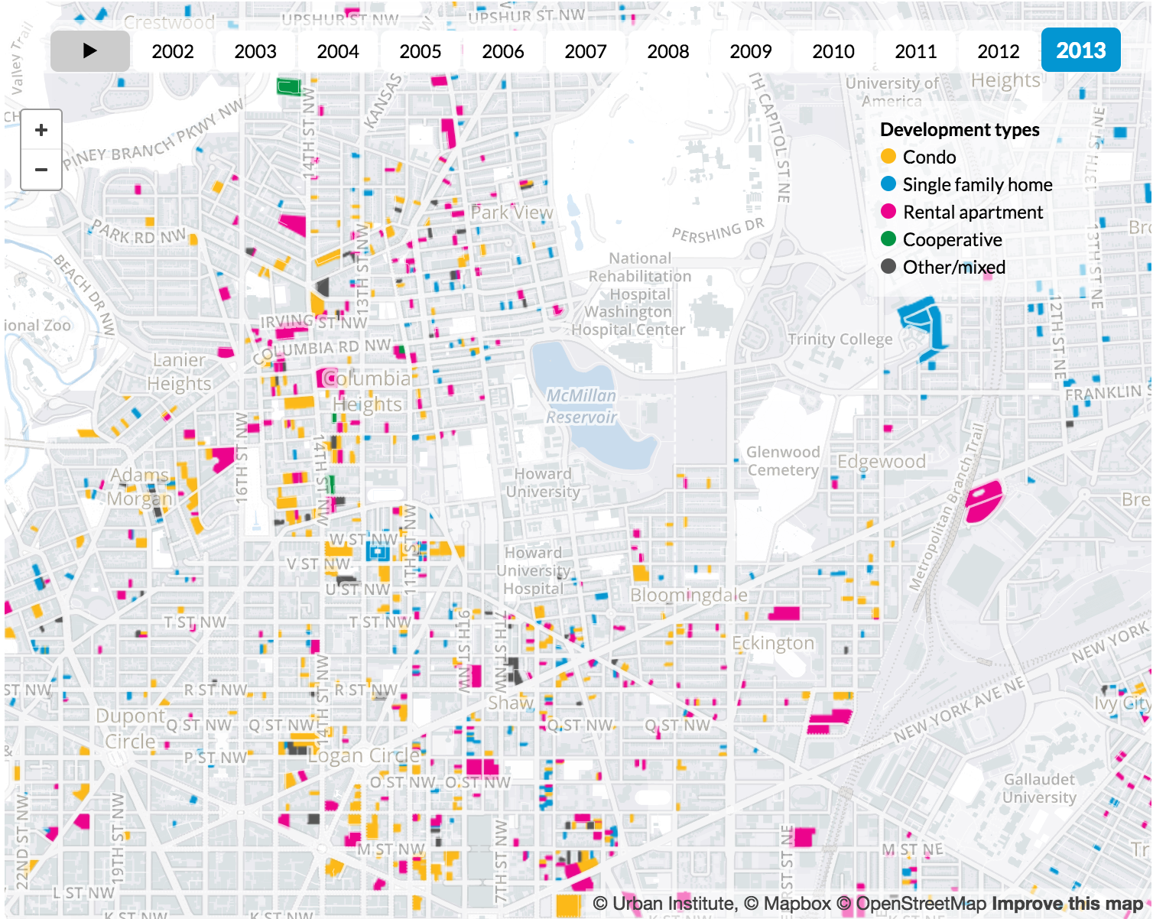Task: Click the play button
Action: (x=90, y=51)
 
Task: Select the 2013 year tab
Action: (x=1080, y=50)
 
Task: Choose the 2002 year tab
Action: (x=173, y=51)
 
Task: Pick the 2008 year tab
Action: (x=667, y=51)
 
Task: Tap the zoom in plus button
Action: (x=41, y=130)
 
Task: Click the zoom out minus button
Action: (x=41, y=169)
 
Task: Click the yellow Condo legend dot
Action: (x=888, y=157)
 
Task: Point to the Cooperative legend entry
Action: (x=952, y=240)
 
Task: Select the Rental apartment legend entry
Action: (x=972, y=213)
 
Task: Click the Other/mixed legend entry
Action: (x=953, y=268)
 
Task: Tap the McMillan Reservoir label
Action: (x=581, y=406)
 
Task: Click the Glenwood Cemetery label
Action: (x=783, y=461)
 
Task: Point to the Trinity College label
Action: (x=840, y=339)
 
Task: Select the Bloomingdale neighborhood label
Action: (x=689, y=595)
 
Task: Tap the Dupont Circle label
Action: (x=130, y=729)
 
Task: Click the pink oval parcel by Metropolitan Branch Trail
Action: (x=983, y=501)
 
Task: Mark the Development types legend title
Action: (x=960, y=130)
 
